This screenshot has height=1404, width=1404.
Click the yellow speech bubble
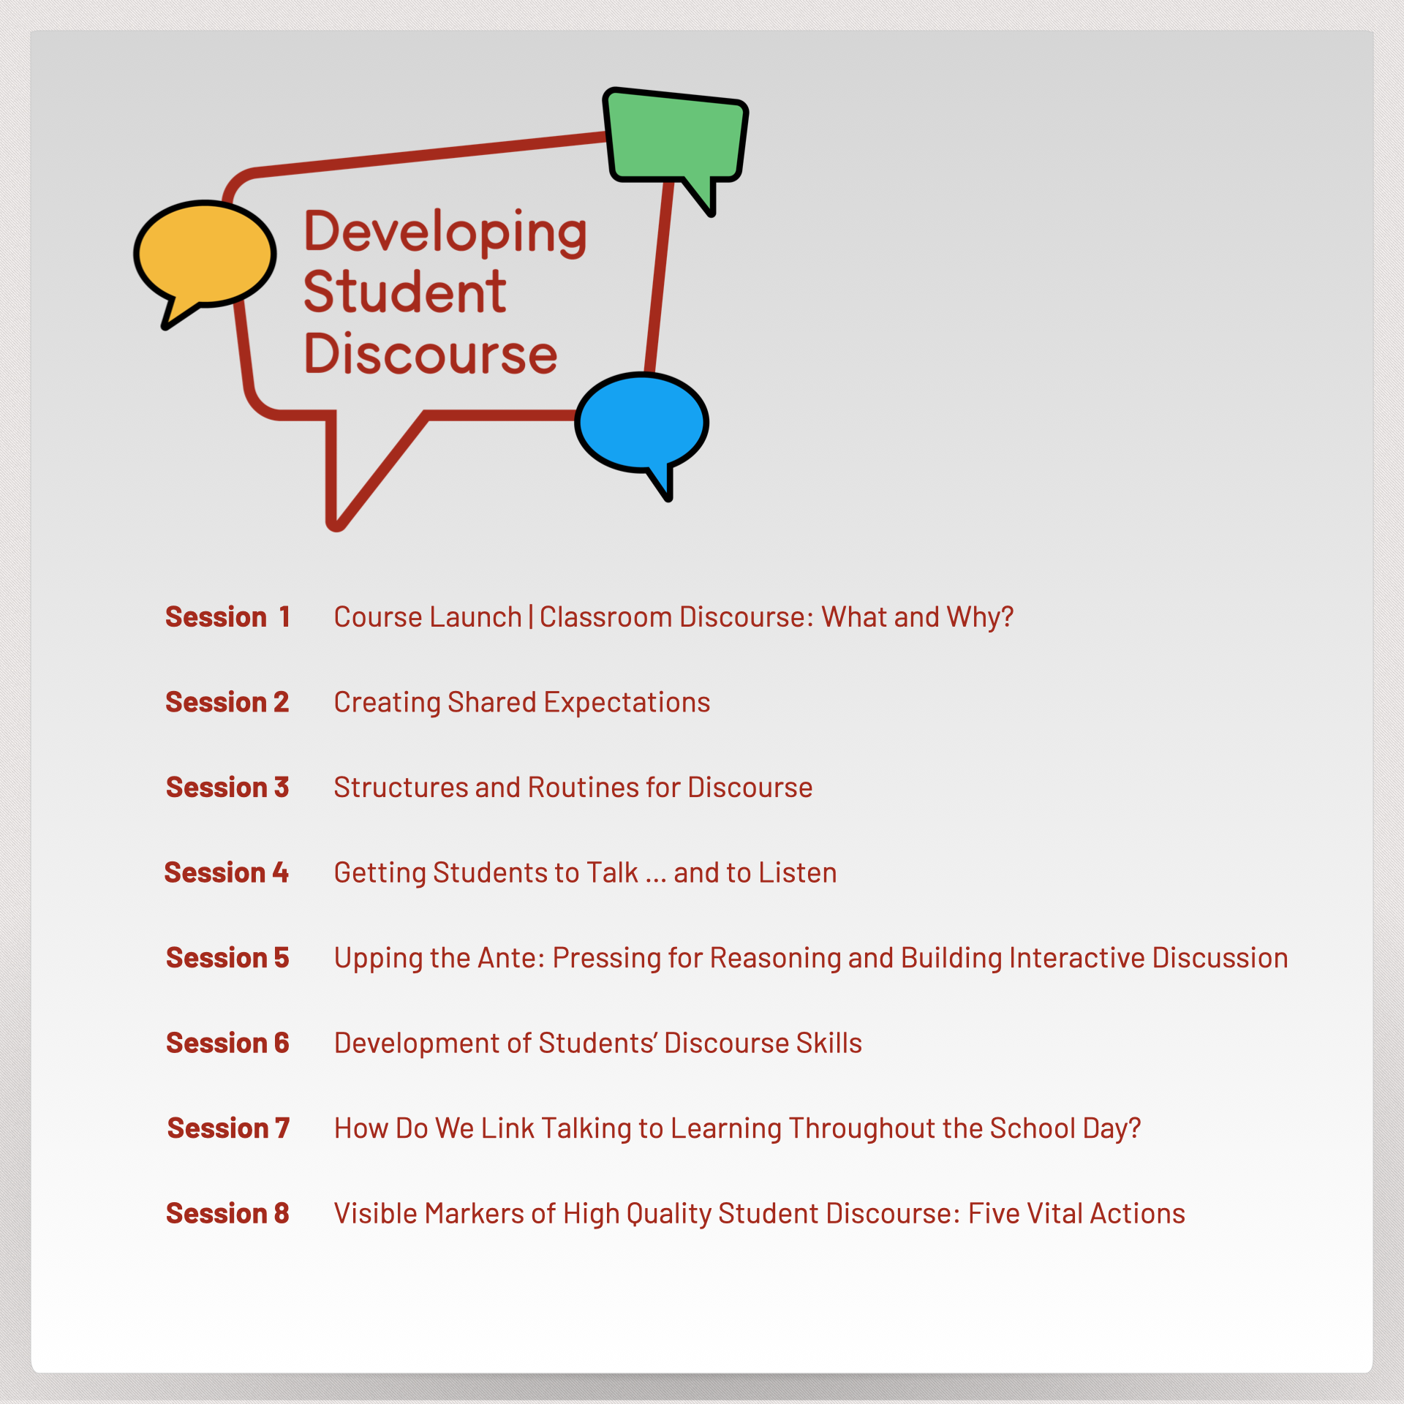point(205,256)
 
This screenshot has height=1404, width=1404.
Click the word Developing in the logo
point(445,233)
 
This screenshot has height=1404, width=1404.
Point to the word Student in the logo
point(404,292)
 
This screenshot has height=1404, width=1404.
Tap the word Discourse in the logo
point(431,354)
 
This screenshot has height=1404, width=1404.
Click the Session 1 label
point(228,617)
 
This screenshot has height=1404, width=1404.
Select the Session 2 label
point(227,702)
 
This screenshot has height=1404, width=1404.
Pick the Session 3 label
point(227,788)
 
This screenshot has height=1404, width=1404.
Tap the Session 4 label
point(227,872)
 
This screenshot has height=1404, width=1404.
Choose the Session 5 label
point(227,958)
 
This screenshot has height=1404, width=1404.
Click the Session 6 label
point(227,1043)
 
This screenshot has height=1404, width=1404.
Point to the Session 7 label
point(228,1128)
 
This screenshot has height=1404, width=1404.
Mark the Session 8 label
point(227,1213)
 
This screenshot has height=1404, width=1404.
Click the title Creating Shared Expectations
point(522,703)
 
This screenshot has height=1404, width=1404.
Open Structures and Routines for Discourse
point(573,788)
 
